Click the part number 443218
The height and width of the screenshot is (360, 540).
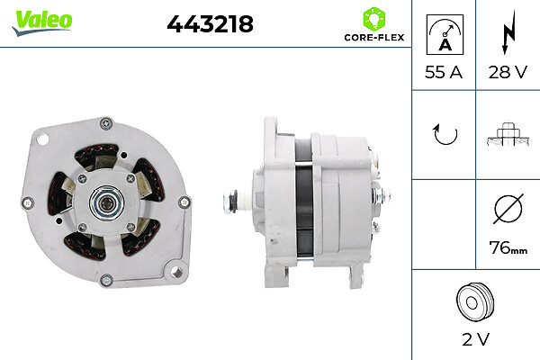point(210,25)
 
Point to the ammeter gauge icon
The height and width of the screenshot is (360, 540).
point(443,33)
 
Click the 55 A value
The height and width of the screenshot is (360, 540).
point(443,73)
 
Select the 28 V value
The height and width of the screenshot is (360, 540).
point(508,73)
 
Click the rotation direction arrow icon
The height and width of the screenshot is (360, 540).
point(444,135)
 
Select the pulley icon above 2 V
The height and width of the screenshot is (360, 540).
point(475,301)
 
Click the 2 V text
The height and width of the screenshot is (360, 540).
point(475,341)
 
